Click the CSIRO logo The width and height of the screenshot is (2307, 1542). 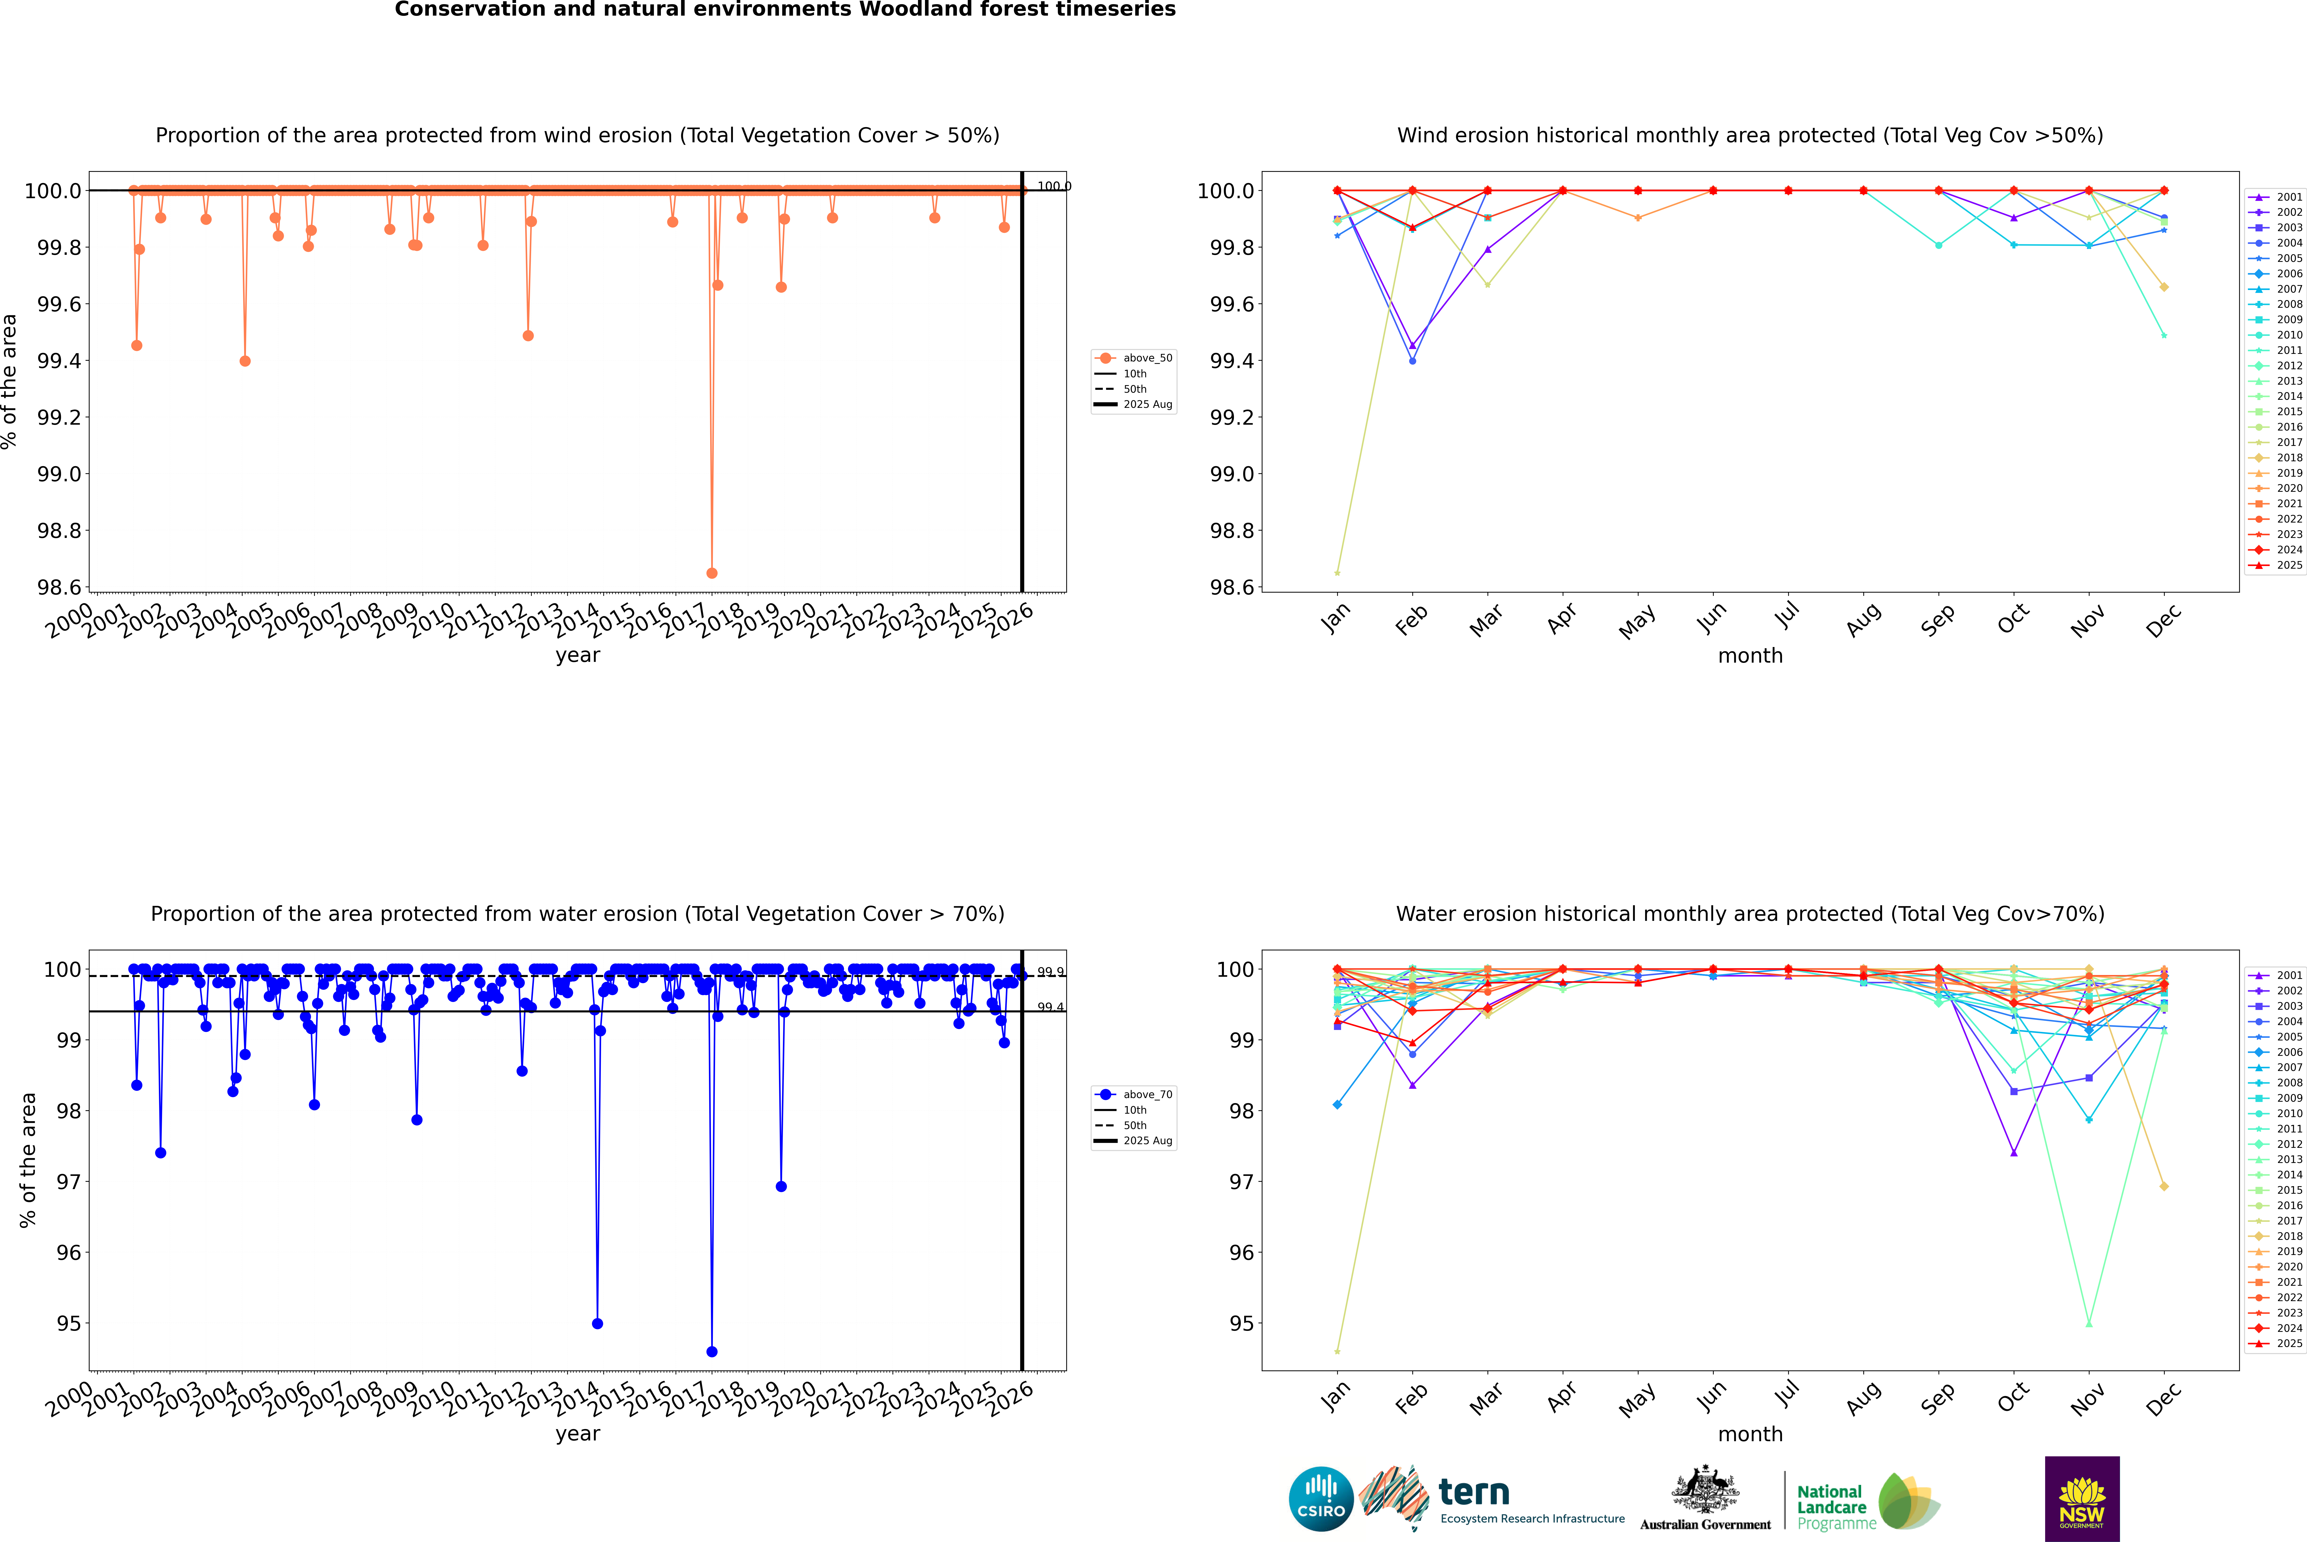tap(1321, 1499)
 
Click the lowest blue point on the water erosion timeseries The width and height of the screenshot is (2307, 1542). tap(712, 1351)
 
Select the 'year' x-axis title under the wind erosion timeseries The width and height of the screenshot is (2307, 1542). tap(577, 655)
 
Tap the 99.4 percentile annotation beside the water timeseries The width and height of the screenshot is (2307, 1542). tap(1050, 1007)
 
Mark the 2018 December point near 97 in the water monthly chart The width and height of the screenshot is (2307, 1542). tap(2163, 1186)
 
